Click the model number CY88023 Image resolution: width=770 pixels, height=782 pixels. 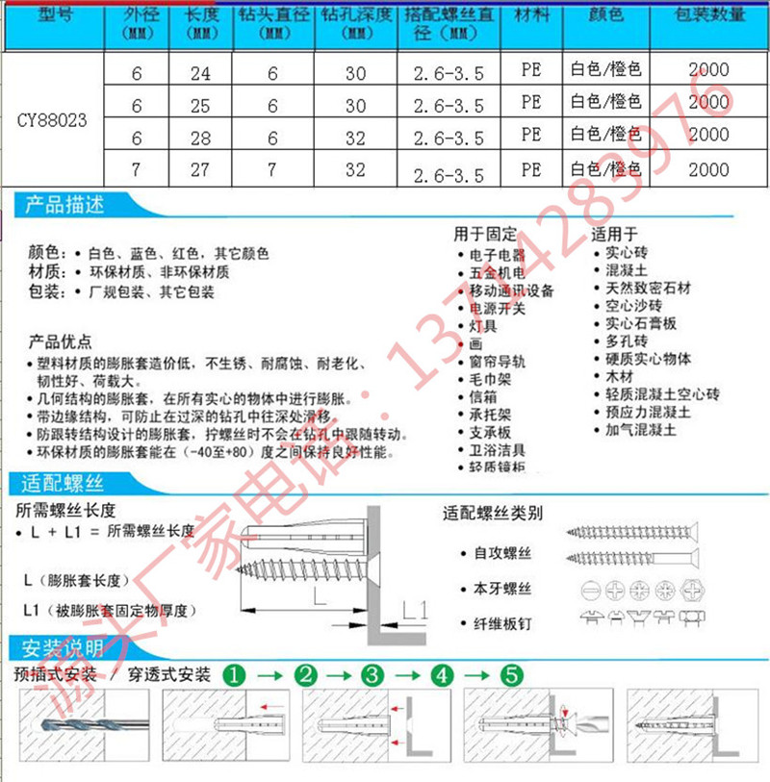(x=52, y=121)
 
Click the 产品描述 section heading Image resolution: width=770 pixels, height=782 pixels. (x=63, y=205)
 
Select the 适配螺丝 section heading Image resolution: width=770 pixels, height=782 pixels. (x=63, y=483)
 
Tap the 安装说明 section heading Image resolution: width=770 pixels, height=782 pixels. (x=63, y=648)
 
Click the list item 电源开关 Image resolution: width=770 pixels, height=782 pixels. (x=498, y=309)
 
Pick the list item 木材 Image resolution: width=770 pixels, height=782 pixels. (x=617, y=377)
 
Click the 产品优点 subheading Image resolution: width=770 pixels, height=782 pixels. (x=61, y=341)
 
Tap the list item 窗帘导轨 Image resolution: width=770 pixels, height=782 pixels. (x=498, y=362)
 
